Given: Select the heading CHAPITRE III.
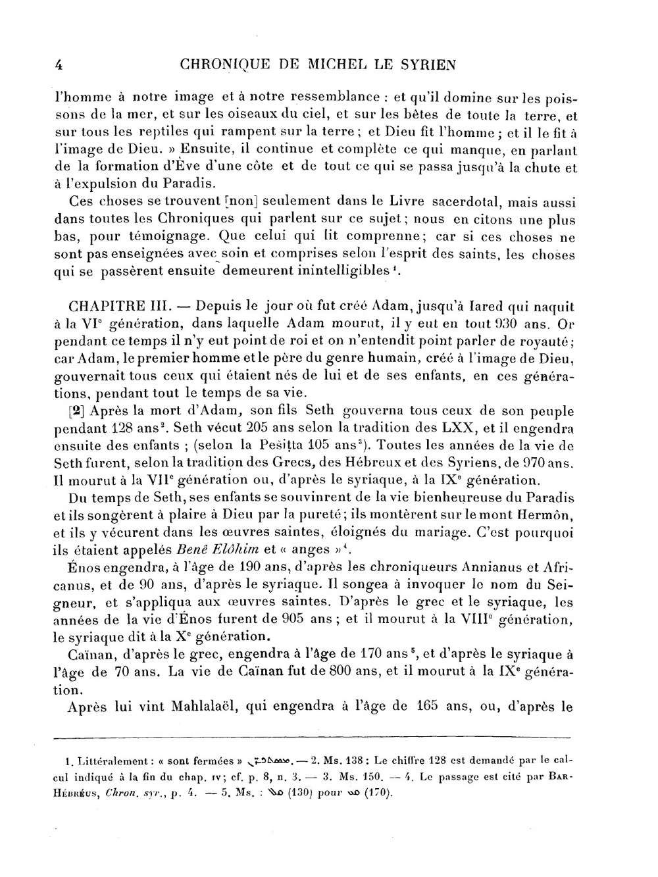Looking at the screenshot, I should pos(120,307).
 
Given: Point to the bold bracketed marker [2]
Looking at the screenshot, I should pos(76,411).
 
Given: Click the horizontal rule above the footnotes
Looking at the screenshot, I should pos(313,738).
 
